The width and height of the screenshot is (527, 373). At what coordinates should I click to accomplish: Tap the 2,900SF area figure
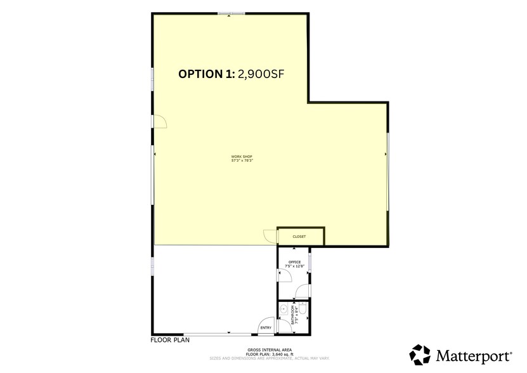pos(260,74)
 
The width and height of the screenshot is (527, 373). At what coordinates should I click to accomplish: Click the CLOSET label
pos(299,237)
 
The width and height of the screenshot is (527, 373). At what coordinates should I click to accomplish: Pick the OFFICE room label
pos(294,261)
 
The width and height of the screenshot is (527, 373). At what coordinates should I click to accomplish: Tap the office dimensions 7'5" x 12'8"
pos(296,265)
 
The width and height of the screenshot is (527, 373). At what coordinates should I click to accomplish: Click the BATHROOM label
pos(293,315)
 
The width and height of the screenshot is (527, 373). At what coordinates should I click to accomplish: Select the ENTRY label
pos(265,327)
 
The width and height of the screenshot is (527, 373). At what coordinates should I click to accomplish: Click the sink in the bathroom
pos(283,310)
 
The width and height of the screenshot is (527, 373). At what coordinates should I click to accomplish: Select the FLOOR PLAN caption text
pos(169,340)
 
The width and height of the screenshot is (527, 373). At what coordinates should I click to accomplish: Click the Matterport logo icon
pos(420,354)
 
